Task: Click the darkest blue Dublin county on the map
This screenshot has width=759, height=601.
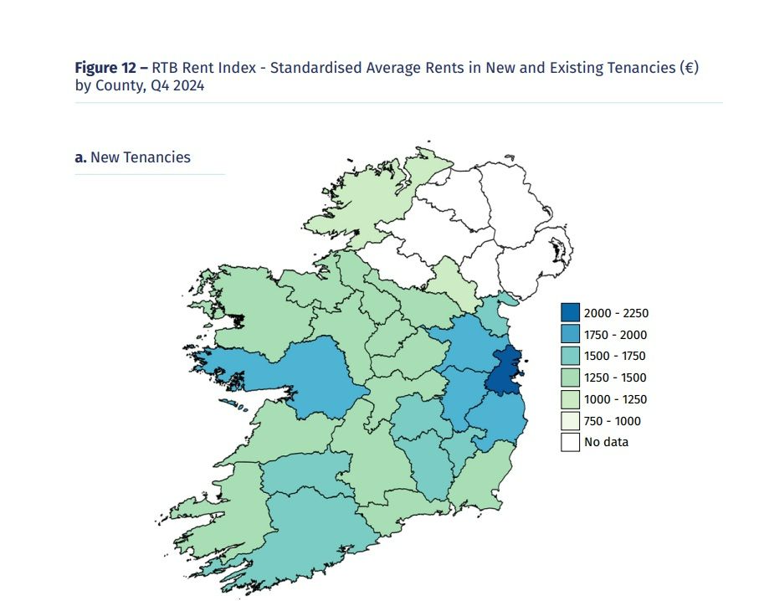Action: tap(505, 373)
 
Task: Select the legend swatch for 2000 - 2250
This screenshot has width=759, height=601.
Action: tap(571, 314)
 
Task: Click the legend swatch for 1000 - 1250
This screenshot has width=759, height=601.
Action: tap(571, 399)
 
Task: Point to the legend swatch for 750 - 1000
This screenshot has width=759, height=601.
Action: tap(571, 421)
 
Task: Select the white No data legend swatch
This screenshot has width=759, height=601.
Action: tap(571, 442)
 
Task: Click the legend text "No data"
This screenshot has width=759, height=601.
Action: tap(608, 442)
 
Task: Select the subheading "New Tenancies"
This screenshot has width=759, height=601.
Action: tap(141, 157)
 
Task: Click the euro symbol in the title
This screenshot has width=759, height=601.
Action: tap(687, 68)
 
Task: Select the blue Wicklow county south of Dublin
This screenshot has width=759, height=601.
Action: tap(499, 419)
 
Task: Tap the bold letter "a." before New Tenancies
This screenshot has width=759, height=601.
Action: tap(81, 157)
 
